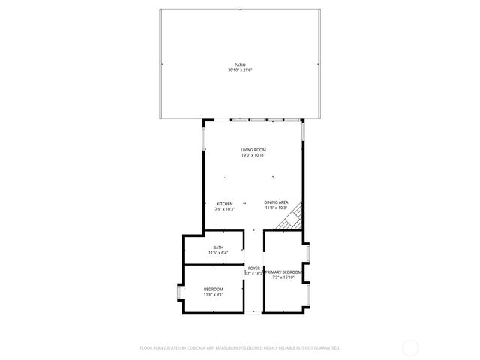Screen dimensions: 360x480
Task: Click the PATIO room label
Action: (x=240, y=65)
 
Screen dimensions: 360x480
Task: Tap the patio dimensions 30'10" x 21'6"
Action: (x=240, y=70)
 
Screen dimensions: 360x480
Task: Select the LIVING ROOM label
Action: (x=253, y=150)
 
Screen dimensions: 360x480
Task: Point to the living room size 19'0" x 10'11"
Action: (x=253, y=155)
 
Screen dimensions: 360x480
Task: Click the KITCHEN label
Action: (x=224, y=204)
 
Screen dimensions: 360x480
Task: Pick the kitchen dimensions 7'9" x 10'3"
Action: (x=224, y=209)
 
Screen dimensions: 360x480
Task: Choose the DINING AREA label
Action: (x=276, y=202)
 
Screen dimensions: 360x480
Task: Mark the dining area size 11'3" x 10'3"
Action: (x=276, y=208)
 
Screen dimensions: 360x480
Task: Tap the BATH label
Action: (x=218, y=247)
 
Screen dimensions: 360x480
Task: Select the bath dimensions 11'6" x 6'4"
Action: (x=218, y=253)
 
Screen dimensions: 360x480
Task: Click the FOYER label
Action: (x=254, y=268)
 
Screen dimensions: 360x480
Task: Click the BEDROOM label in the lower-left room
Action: (x=214, y=289)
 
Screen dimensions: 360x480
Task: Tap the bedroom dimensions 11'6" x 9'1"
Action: (x=214, y=294)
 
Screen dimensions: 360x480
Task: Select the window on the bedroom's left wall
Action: (x=178, y=292)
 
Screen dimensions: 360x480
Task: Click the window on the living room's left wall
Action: (x=203, y=138)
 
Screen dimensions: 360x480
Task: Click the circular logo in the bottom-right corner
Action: (x=410, y=347)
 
